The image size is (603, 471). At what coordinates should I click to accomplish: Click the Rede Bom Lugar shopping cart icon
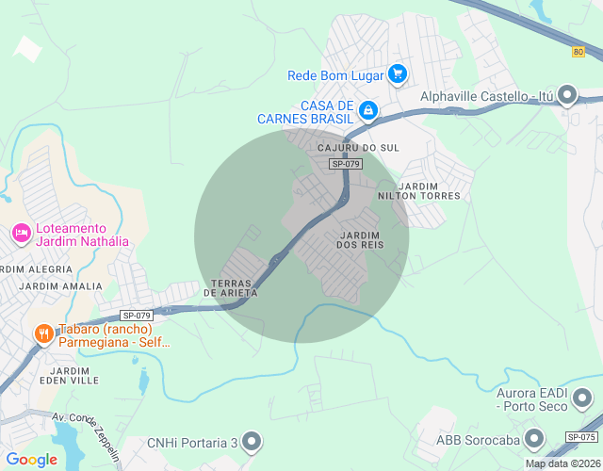point(398,73)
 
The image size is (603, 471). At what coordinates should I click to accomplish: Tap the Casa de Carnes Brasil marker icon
point(368,111)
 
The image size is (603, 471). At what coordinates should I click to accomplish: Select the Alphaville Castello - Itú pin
point(567,95)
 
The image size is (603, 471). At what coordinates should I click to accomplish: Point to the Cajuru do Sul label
point(359,148)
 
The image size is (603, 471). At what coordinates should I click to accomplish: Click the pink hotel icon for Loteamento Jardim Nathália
point(21,232)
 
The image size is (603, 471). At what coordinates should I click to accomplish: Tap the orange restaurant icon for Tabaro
point(43,333)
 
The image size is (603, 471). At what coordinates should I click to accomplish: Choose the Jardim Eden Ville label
point(70,377)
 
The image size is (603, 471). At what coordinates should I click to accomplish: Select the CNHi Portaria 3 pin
point(251,441)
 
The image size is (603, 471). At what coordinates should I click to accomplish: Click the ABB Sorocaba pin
point(534,439)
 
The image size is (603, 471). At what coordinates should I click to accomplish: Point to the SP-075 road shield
point(581,438)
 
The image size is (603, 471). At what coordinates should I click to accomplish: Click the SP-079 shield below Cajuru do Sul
point(346,164)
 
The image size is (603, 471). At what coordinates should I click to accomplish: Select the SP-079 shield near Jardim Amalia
point(137,316)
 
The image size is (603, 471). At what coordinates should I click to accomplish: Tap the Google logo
point(31,460)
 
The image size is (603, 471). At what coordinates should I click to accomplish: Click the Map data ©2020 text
point(562,463)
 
